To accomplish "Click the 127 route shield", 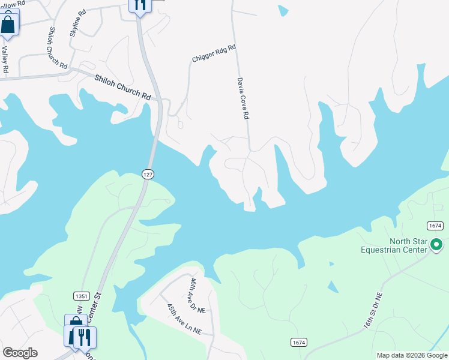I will coord(148,174).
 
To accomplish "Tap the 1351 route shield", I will coord(82,296).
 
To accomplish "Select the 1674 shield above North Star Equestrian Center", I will coord(435,225).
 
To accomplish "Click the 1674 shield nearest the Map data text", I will coord(298,342).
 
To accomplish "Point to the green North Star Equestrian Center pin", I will coord(437,245).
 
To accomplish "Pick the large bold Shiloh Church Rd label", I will coord(122,86).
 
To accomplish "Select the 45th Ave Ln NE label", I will coord(184,318).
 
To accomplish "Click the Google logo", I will coord(19,353).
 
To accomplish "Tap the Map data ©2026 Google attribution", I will coord(411,355).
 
